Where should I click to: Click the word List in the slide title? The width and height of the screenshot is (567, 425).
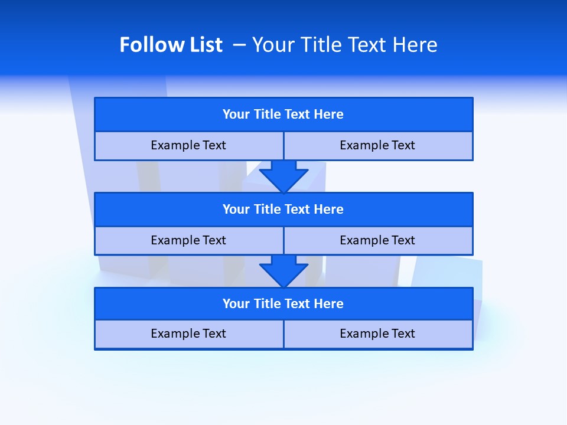point(203,45)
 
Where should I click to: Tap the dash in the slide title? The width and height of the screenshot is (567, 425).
point(239,45)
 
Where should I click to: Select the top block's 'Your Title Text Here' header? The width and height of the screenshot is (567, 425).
point(283,114)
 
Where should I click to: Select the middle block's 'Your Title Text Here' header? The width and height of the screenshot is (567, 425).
point(283,209)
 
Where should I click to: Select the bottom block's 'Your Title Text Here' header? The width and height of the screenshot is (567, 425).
point(283,303)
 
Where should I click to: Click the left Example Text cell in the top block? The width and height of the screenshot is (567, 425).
point(188,145)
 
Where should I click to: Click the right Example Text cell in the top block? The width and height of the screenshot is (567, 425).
point(377,145)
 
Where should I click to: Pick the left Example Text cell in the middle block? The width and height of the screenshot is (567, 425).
point(188,240)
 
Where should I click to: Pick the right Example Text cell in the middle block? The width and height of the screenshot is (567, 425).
point(377,240)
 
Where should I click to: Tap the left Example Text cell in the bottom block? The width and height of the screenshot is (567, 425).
point(188,334)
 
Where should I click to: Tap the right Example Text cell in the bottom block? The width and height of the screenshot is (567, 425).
point(377,334)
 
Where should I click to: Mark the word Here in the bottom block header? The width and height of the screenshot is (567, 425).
point(329,303)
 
